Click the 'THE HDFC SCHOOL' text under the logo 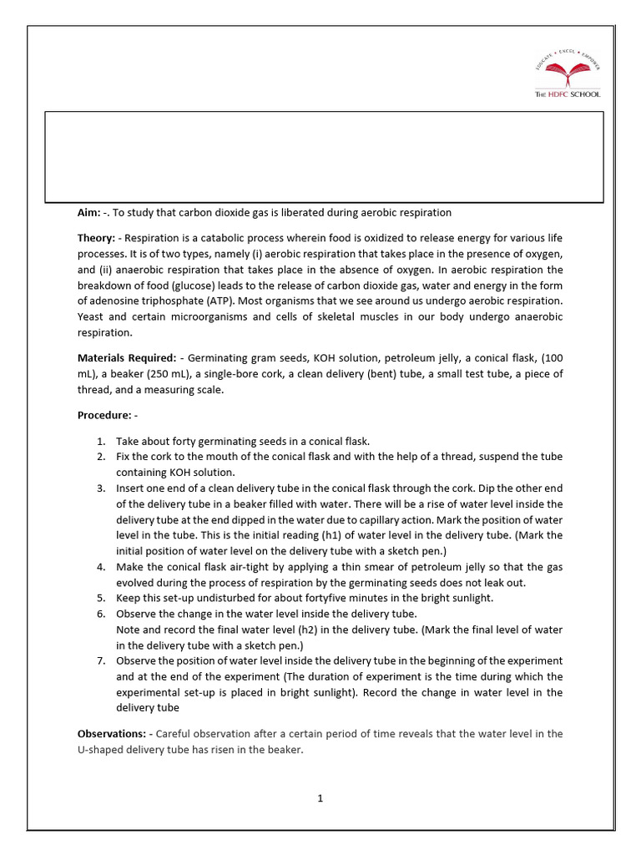[567, 94]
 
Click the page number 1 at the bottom [320, 798]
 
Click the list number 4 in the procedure [100, 567]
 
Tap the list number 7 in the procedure [100, 660]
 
